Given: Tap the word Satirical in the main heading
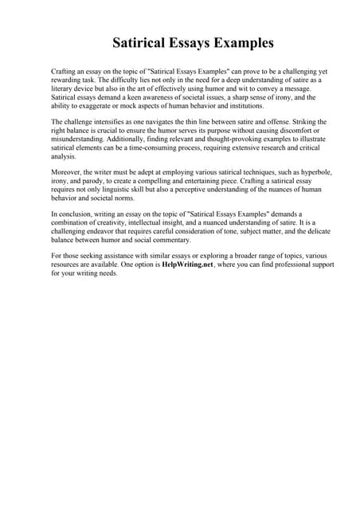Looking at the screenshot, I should pyautogui.click(x=140, y=41).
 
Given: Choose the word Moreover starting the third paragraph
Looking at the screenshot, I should pyautogui.click(x=67, y=173).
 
